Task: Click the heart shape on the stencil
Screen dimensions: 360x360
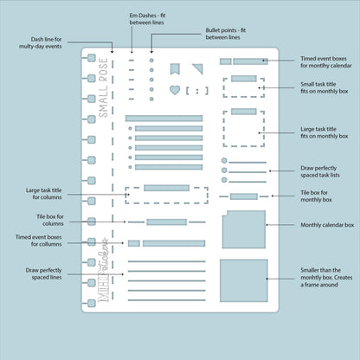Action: click(175, 90)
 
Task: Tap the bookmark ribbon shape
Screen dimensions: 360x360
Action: click(175, 69)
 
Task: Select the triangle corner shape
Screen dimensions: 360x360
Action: click(199, 68)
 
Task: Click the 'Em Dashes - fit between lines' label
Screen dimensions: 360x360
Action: click(147, 19)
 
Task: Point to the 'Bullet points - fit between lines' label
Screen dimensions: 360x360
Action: click(226, 34)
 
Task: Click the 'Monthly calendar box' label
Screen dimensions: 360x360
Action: click(327, 225)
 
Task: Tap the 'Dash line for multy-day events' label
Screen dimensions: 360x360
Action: click(41, 42)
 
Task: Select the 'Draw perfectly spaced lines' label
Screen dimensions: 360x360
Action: click(43, 273)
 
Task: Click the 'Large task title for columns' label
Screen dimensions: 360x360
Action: click(43, 194)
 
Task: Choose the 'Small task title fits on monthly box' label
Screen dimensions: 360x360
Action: click(325, 87)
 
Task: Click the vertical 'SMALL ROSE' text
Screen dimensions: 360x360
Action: click(103, 87)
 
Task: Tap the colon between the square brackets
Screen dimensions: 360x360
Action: click(197, 91)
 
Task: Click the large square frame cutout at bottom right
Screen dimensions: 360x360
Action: click(244, 280)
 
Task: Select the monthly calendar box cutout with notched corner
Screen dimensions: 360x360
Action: click(244, 229)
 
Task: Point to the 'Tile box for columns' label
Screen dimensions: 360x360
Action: click(50, 220)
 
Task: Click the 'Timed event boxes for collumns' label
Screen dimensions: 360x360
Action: click(38, 241)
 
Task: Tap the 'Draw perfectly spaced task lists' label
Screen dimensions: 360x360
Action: click(320, 171)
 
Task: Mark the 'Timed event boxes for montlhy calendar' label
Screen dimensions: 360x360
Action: click(326, 62)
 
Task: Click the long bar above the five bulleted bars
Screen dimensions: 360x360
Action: click(164, 119)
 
